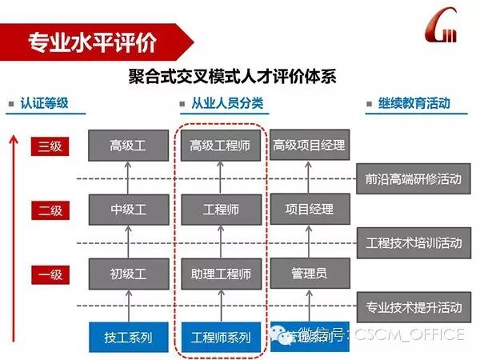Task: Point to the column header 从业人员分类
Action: click(227, 104)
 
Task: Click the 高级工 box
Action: click(128, 146)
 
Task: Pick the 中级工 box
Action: click(128, 210)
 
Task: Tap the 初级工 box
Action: click(128, 274)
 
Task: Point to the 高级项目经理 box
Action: click(309, 146)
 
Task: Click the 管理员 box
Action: click(309, 274)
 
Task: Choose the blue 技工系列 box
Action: click(128, 337)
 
